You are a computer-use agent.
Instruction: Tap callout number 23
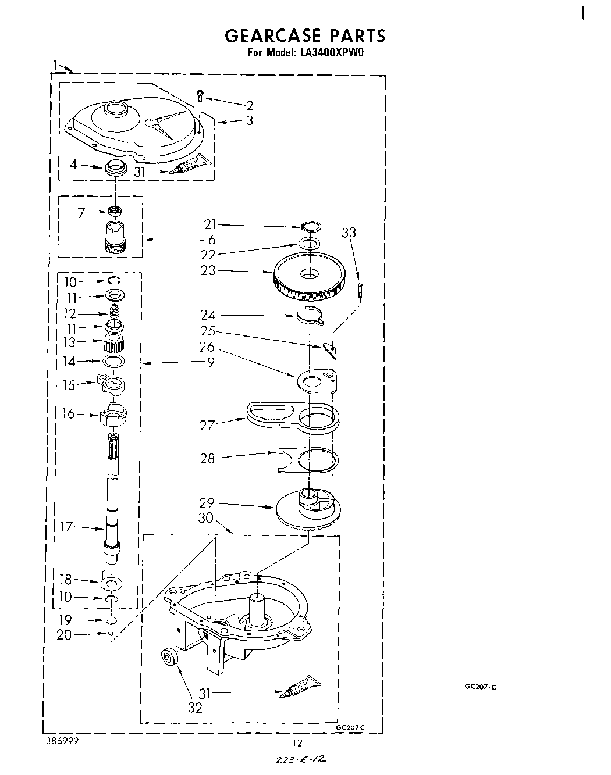coord(208,270)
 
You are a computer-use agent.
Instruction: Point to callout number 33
coord(349,233)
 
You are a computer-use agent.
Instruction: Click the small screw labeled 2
coord(200,94)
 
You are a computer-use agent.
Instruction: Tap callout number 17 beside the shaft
coord(67,527)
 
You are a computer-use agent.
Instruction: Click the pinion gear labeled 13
coord(113,344)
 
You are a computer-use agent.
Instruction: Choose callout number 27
coord(208,425)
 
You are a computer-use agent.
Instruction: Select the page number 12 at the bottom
coord(298,742)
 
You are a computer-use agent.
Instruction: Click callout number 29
coord(207,503)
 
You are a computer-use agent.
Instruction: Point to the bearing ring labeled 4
coord(115,169)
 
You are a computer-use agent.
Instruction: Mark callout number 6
coord(211,240)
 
